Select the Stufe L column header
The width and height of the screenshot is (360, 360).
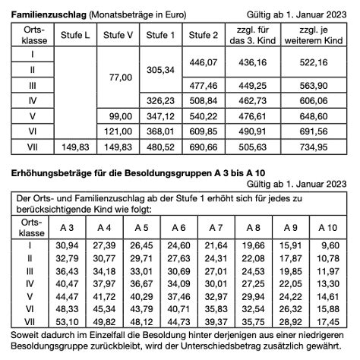click(71, 36)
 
